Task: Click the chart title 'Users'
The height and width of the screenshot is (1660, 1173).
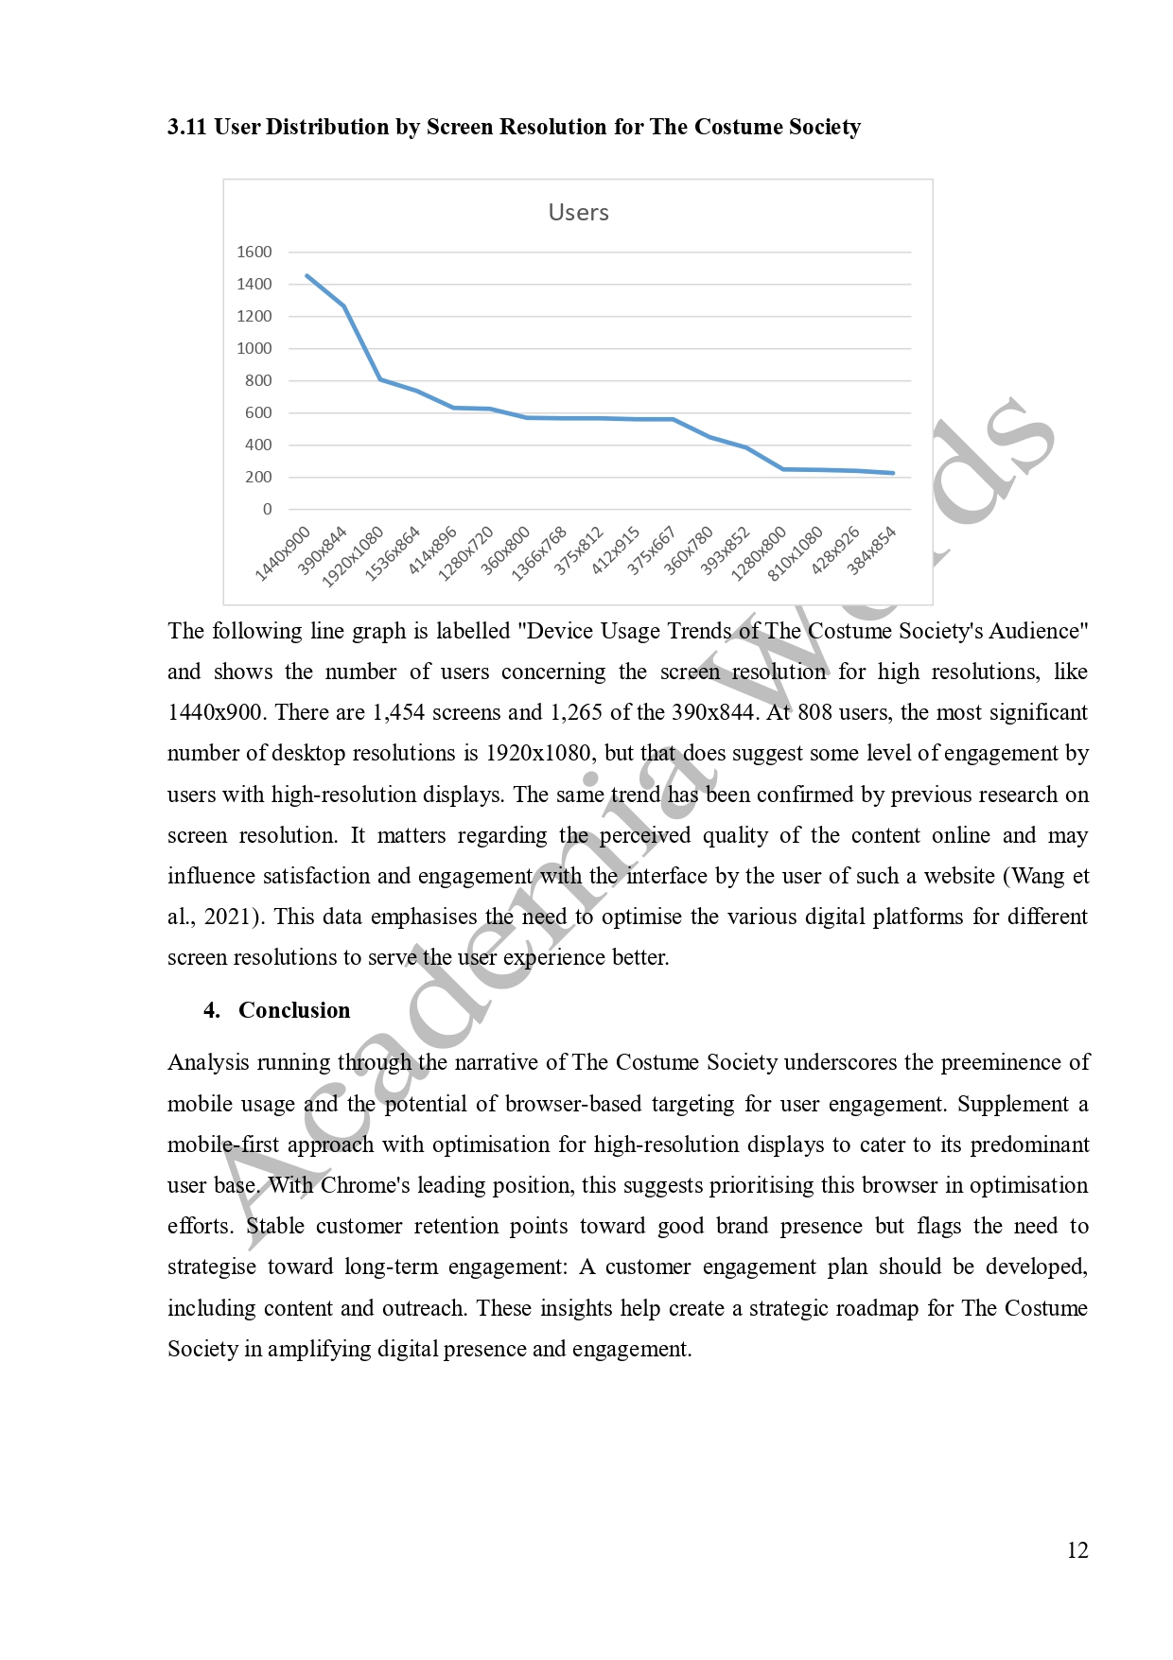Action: click(578, 212)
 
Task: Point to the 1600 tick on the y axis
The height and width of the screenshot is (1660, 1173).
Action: click(254, 252)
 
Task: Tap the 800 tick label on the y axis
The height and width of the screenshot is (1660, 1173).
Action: click(257, 380)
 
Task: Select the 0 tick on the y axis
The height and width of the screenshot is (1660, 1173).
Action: click(267, 509)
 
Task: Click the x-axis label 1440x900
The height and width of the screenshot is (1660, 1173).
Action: click(283, 553)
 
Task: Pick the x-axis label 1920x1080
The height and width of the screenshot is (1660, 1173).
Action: click(353, 557)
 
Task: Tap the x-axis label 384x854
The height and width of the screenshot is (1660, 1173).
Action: click(871, 551)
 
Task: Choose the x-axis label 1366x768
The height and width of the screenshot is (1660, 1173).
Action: click(539, 553)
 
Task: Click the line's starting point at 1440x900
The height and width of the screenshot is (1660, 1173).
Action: click(306, 275)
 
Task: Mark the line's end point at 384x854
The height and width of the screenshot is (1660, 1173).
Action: click(893, 473)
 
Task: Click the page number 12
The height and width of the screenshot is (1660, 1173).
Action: click(1077, 1550)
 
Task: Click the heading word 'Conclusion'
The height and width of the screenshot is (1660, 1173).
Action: click(294, 1010)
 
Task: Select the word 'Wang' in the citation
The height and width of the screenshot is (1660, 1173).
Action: click(1038, 876)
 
